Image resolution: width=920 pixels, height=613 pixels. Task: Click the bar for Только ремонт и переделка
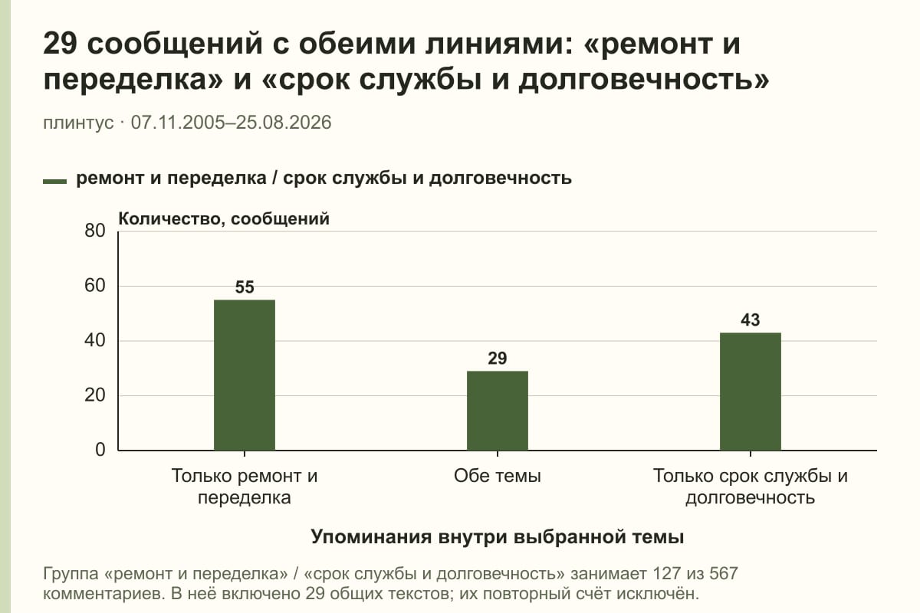245,375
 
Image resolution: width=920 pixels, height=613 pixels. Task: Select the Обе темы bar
498,411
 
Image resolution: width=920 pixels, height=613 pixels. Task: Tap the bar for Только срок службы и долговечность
751,392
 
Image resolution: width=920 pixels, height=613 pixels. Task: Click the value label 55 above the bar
245,287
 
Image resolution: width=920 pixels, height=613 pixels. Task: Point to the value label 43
751,320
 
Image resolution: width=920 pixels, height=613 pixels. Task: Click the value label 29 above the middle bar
498,359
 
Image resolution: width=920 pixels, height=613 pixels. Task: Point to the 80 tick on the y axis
95,231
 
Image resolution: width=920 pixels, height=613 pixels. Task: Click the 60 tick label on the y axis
95,286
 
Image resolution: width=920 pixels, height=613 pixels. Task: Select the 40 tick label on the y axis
95,340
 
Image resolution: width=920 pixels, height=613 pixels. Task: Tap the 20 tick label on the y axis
95,395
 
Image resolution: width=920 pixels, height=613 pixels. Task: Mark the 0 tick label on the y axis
100,450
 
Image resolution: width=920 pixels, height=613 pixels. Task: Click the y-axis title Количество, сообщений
224,219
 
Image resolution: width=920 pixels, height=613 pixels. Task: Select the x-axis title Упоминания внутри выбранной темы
498,537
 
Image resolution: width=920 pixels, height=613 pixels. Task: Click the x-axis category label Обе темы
498,476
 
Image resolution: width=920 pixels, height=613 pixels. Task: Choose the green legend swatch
54,182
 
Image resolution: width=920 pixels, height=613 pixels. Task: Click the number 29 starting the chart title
60,44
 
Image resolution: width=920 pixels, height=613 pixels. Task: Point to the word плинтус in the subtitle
78,123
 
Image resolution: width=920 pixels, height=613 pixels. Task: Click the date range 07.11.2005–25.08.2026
232,123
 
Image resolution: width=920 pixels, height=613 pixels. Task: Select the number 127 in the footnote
666,574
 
